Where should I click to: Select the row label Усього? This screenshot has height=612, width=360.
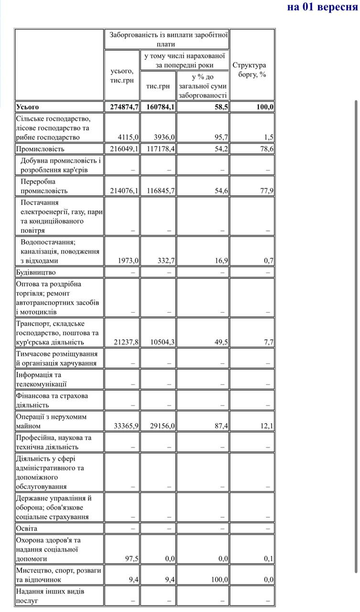pos(27,107)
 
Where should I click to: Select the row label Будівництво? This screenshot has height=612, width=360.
pos(36,272)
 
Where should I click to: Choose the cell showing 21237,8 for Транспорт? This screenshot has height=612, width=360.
pos(126,342)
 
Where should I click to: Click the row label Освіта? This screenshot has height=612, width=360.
pos(27,528)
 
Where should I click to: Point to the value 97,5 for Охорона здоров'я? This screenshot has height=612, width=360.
pos(131,558)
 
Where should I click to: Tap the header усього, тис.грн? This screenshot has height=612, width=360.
pos(122,76)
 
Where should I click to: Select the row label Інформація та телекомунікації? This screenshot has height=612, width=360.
pos(41,379)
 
